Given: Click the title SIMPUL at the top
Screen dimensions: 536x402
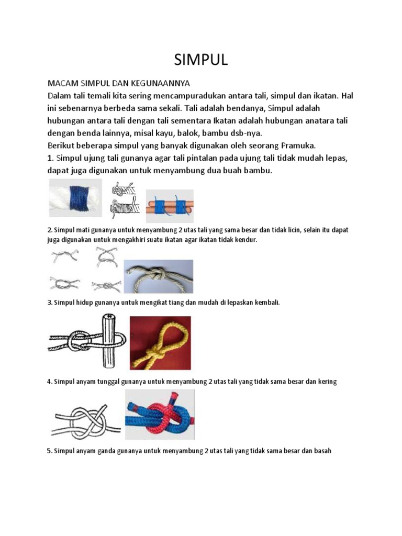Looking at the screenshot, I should (201, 60).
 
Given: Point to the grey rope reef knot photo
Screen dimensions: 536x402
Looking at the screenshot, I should (158, 276).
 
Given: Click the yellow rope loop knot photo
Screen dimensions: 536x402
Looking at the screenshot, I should (160, 343).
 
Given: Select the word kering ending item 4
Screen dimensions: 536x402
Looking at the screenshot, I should (326, 382).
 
